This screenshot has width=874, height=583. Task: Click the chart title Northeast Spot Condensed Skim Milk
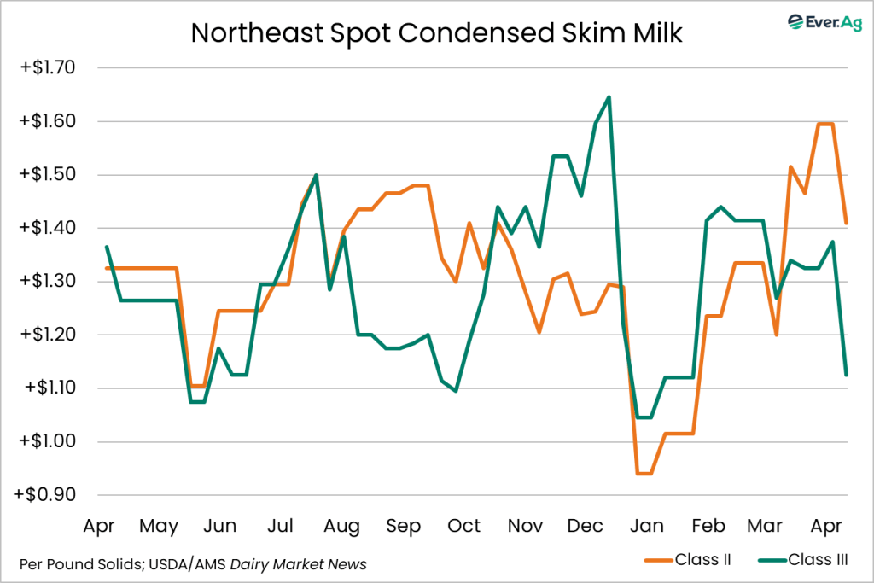point(436,32)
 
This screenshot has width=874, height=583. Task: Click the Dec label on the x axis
point(586,525)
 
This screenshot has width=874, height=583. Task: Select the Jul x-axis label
point(282,525)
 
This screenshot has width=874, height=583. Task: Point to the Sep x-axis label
point(403,525)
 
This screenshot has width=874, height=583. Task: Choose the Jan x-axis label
point(648,525)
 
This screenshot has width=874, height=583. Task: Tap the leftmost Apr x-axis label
point(99,525)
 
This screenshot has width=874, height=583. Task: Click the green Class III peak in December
point(609,96)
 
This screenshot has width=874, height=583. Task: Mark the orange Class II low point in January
point(643,473)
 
